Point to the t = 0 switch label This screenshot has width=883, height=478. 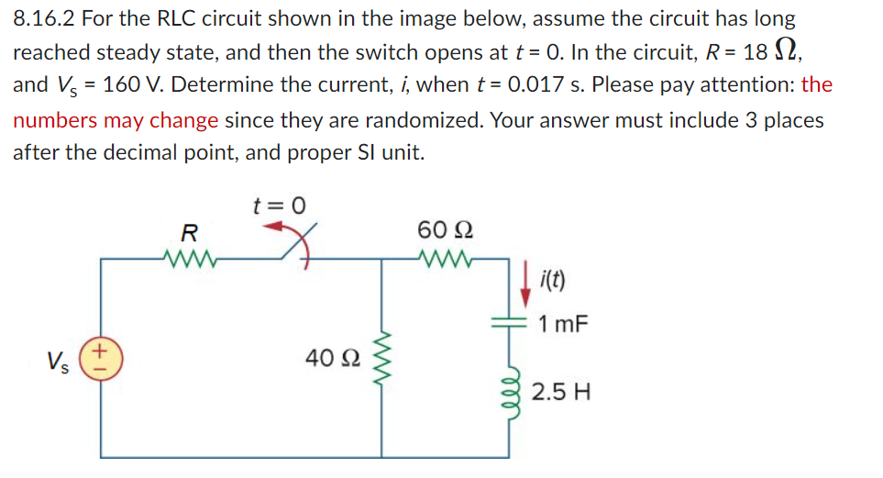[279, 206]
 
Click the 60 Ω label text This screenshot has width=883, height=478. [444, 228]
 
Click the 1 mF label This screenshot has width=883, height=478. [564, 324]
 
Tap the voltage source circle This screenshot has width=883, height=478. [101, 358]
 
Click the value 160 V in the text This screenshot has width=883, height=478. [136, 85]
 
